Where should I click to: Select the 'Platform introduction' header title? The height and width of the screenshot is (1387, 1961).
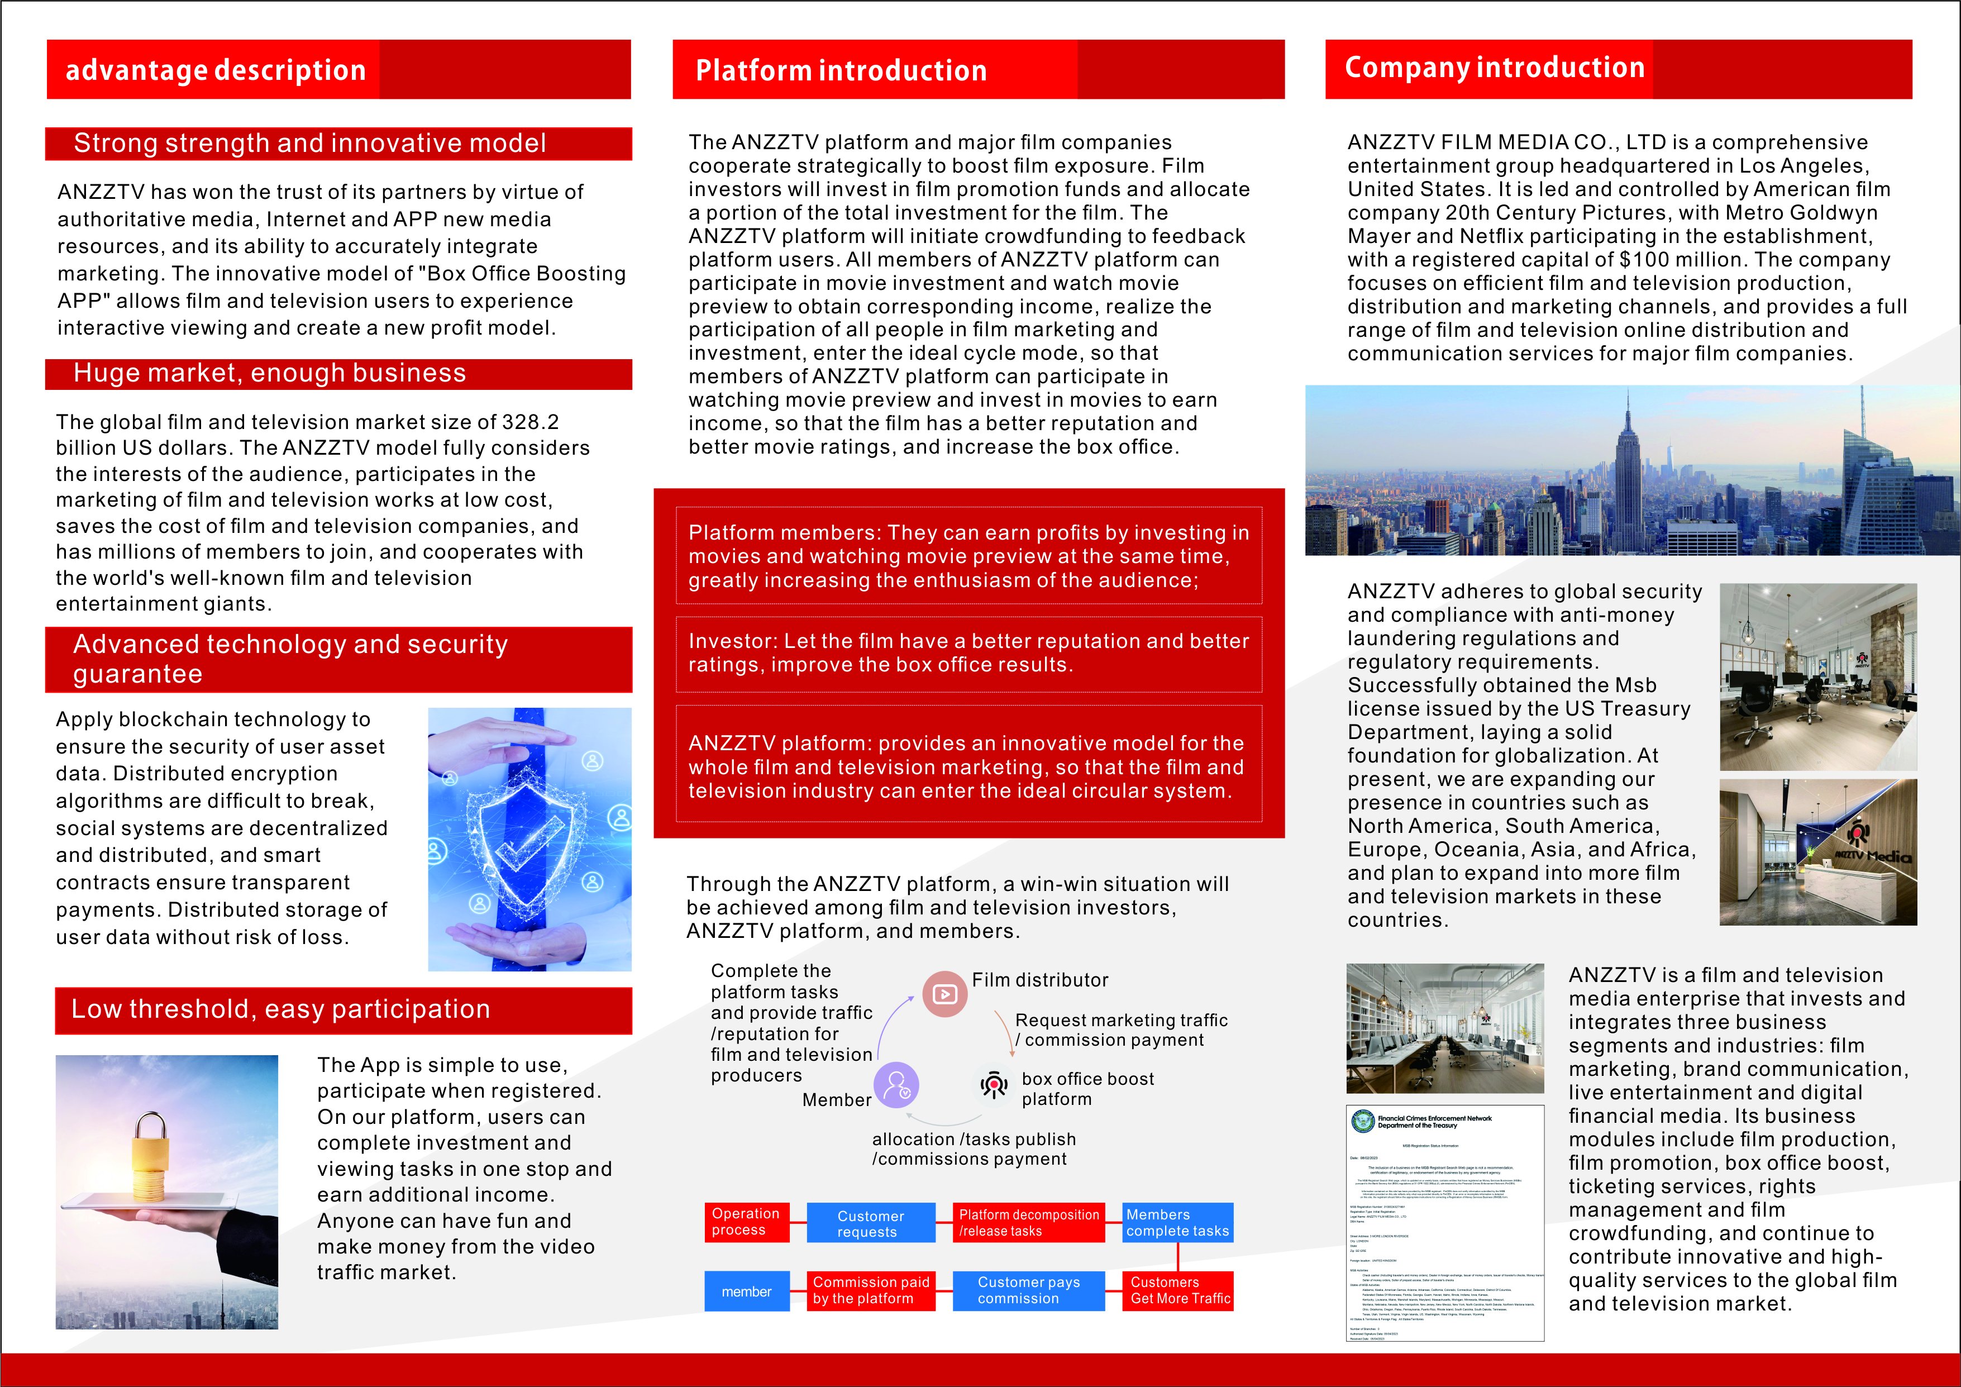click(x=841, y=70)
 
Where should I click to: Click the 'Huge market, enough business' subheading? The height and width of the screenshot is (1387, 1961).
click(x=269, y=373)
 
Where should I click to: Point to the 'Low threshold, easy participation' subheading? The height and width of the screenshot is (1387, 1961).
click(x=280, y=1009)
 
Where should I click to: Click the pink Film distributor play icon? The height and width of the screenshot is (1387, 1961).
click(x=944, y=993)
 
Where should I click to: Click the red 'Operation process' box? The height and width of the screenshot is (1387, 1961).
click(x=746, y=1222)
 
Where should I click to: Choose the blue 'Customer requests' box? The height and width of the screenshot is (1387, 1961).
click(x=870, y=1223)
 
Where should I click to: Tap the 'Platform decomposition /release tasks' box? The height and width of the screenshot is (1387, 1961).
click(x=1028, y=1222)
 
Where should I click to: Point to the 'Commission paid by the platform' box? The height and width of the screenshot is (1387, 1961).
click(x=870, y=1290)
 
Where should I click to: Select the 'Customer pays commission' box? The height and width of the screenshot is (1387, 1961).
click(x=1028, y=1290)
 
